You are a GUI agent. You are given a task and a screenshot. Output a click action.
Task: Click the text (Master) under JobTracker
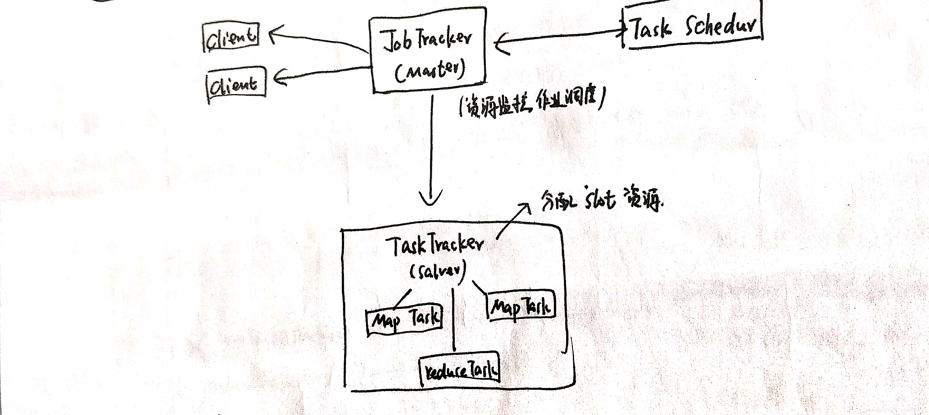coord(429,71)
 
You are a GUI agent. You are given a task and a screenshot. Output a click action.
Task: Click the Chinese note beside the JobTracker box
coord(532,103)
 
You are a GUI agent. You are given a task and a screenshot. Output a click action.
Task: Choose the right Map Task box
coord(521,306)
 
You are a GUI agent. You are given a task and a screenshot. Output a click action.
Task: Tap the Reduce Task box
coord(460,370)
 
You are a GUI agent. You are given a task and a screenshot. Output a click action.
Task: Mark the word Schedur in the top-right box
coord(720,25)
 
